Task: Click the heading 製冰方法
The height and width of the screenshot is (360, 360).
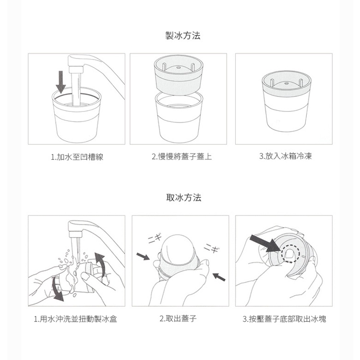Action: click(183, 36)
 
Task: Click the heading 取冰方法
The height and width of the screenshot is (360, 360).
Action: click(184, 197)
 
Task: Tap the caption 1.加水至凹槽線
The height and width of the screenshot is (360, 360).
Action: click(77, 157)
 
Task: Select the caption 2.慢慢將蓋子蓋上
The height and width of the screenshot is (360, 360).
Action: click(181, 156)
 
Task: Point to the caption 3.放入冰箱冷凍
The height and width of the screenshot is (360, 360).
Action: click(286, 156)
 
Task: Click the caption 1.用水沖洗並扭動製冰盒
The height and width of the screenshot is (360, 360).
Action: click(75, 319)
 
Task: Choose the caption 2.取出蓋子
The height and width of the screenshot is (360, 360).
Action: click(178, 318)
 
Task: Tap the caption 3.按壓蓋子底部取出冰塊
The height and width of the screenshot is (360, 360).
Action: click(284, 319)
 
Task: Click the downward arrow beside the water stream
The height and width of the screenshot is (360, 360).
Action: click(61, 82)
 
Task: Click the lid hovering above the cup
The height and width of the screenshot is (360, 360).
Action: click(179, 74)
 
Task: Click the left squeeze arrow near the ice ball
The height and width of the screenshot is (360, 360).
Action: click(143, 256)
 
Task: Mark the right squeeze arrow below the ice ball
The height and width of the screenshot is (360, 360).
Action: click(219, 277)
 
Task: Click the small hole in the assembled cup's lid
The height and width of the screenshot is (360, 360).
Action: click(286, 83)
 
